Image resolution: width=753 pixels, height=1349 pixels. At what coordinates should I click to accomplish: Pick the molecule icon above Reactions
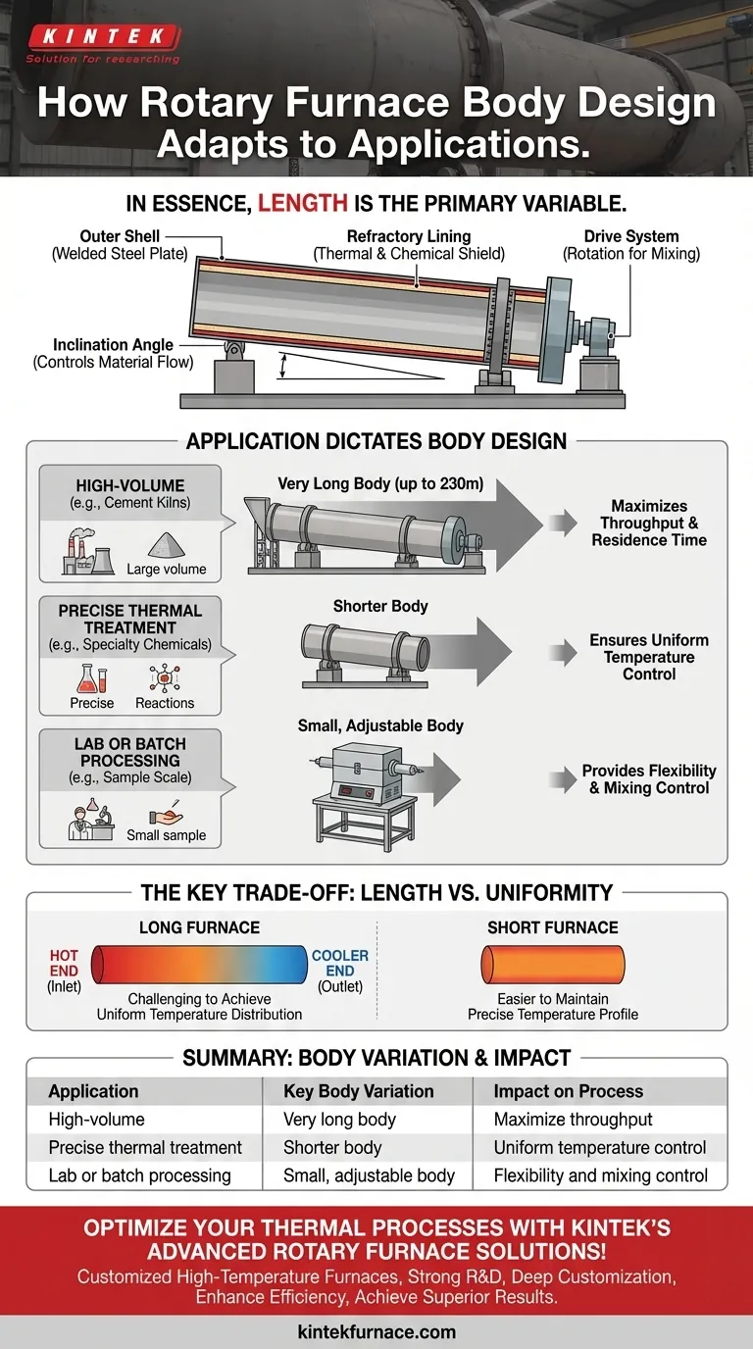(x=164, y=678)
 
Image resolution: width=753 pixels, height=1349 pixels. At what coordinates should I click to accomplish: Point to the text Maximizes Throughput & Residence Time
(x=648, y=523)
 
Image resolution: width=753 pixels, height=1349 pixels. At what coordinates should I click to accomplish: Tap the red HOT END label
(x=64, y=963)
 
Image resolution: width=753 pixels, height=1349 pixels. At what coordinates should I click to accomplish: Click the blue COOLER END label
(x=340, y=963)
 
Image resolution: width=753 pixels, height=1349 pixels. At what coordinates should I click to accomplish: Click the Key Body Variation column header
(x=358, y=1091)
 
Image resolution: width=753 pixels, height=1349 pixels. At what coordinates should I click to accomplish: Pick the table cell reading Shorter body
(x=331, y=1147)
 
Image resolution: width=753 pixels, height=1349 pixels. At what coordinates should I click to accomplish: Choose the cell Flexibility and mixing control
(x=600, y=1175)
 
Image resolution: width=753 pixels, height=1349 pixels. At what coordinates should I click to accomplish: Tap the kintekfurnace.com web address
(x=376, y=1331)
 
